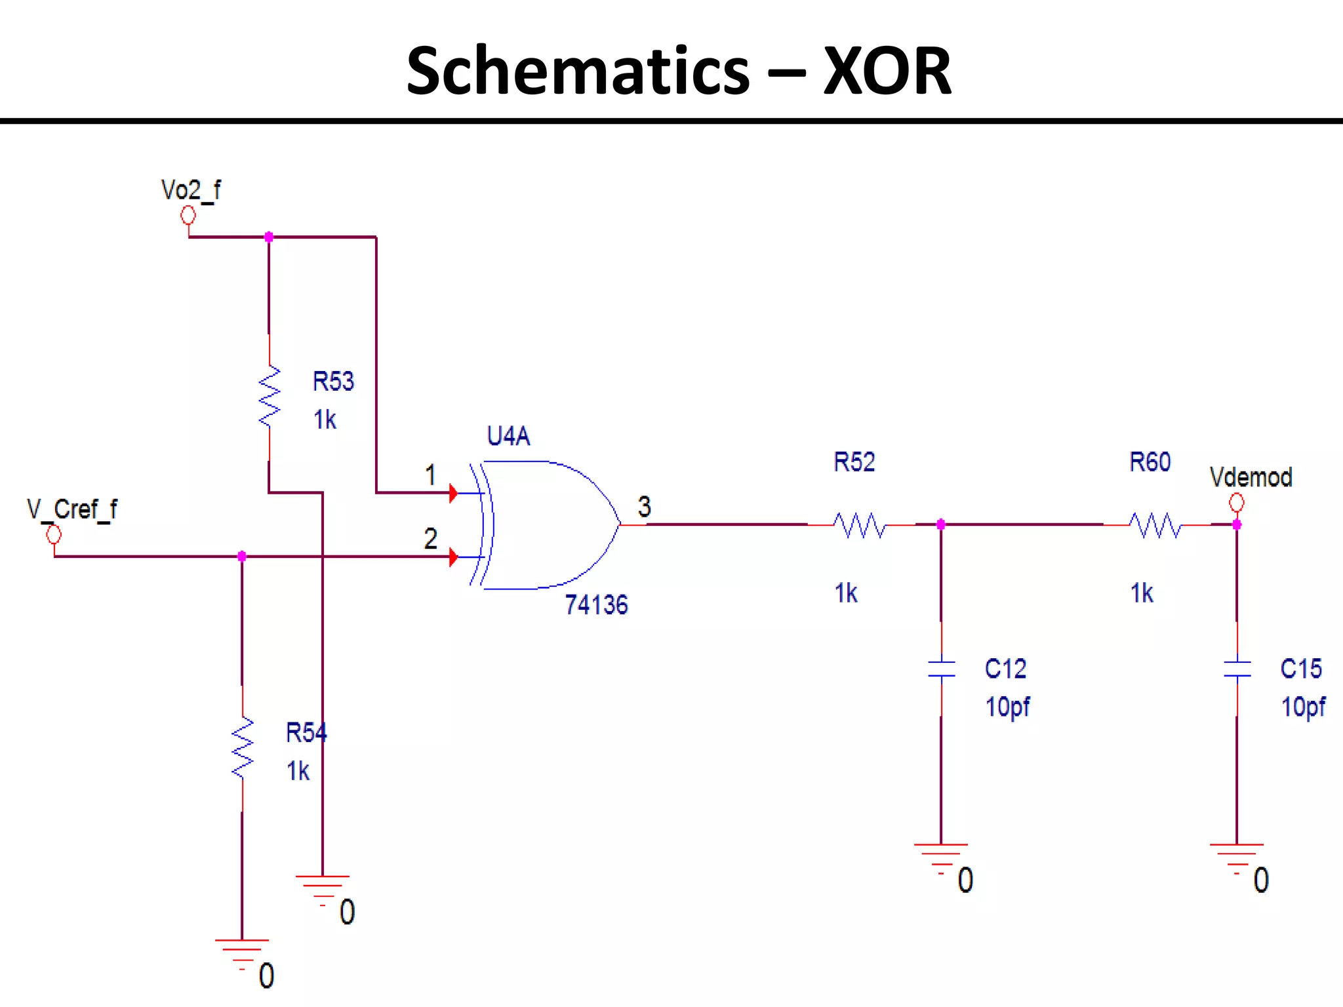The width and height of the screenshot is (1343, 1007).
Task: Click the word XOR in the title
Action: pyautogui.click(x=887, y=71)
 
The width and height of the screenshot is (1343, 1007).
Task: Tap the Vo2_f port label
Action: pyautogui.click(x=191, y=190)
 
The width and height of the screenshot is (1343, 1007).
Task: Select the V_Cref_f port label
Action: pyautogui.click(x=72, y=509)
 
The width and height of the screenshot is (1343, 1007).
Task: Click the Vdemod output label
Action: pyautogui.click(x=1251, y=477)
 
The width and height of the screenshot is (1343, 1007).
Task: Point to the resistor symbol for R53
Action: pyautogui.click(x=270, y=397)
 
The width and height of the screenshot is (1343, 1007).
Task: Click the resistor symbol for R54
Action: pyautogui.click(x=243, y=747)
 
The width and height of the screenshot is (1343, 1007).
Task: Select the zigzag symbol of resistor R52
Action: pyautogui.click(x=860, y=525)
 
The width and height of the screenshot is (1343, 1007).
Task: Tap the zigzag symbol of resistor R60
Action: pyautogui.click(x=1155, y=525)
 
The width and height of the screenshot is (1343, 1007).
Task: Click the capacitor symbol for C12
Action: pyautogui.click(x=942, y=669)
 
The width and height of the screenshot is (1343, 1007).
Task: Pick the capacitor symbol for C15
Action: pyautogui.click(x=1237, y=669)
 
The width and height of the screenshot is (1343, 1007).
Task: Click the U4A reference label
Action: pyautogui.click(x=508, y=436)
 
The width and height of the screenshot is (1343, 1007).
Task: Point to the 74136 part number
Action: pyautogui.click(x=596, y=604)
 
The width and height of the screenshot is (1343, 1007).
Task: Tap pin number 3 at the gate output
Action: pyautogui.click(x=645, y=507)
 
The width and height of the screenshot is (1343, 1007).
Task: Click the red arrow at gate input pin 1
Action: pyautogui.click(x=453, y=493)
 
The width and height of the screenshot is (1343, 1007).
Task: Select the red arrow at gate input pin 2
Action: pyautogui.click(x=453, y=557)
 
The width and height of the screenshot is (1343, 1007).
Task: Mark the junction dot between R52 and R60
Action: pyautogui.click(x=941, y=524)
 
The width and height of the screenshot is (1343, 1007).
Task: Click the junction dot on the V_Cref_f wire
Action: pyautogui.click(x=242, y=557)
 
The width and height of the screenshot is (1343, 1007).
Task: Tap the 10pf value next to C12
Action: pyautogui.click(x=1008, y=707)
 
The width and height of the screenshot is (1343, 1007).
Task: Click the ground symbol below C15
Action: pyautogui.click(x=1237, y=856)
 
